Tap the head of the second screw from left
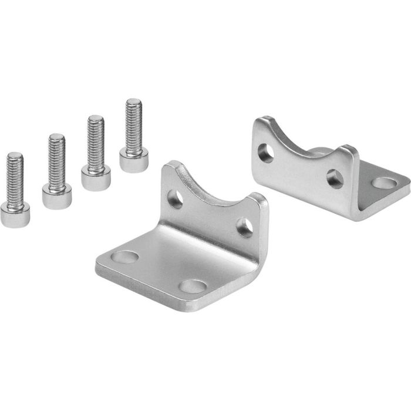pos(57,195)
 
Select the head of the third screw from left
pos(96,177)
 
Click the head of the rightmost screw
pos(134,159)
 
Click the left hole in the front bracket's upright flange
pos(176,199)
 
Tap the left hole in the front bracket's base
pos(125,257)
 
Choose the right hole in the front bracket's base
pos(191,287)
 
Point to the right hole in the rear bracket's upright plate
pos(335,177)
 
